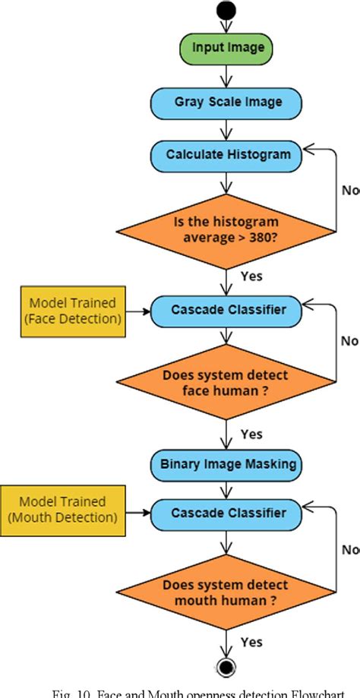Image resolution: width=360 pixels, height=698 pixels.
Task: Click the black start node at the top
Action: point(226,10)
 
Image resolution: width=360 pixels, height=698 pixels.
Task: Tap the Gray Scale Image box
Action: point(226,101)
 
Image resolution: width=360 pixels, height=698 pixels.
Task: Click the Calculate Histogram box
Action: point(226,155)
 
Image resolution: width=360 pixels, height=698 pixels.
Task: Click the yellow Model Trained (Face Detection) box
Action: point(71,311)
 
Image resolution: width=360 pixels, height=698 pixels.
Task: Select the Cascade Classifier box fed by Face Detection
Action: point(226,310)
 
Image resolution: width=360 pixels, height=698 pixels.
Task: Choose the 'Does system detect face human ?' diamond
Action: point(226,382)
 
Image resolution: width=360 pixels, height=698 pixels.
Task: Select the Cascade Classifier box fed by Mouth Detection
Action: point(226,513)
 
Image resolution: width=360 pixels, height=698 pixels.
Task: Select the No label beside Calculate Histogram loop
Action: point(350,191)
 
